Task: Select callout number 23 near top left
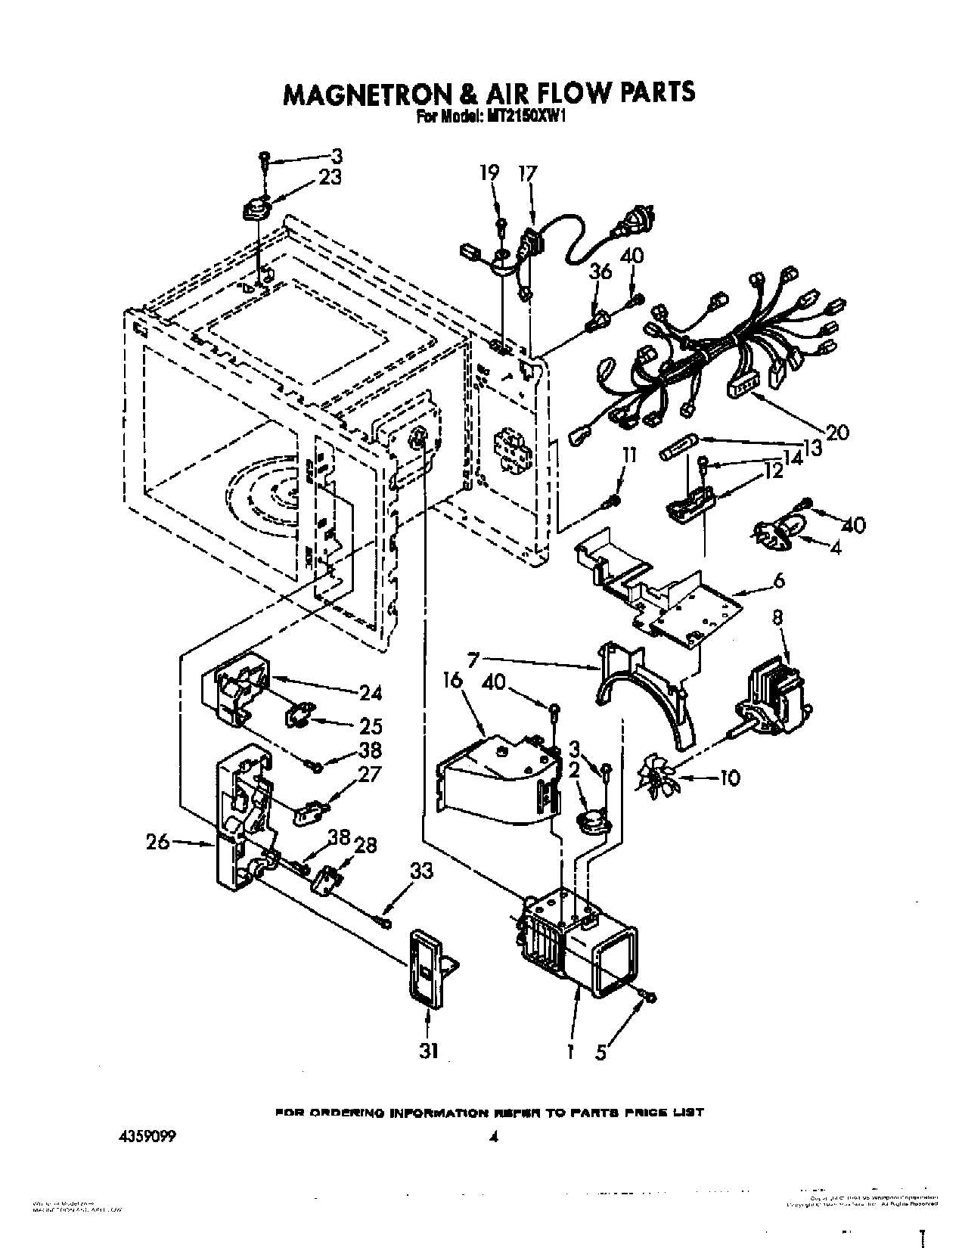click(x=329, y=178)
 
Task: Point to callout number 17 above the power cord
click(x=526, y=173)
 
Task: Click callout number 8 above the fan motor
click(x=778, y=616)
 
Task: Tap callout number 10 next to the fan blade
click(x=730, y=778)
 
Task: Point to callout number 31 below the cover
click(x=429, y=1052)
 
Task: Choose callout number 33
click(x=421, y=871)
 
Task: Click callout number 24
click(x=371, y=692)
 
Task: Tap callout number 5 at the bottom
click(x=601, y=1052)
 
